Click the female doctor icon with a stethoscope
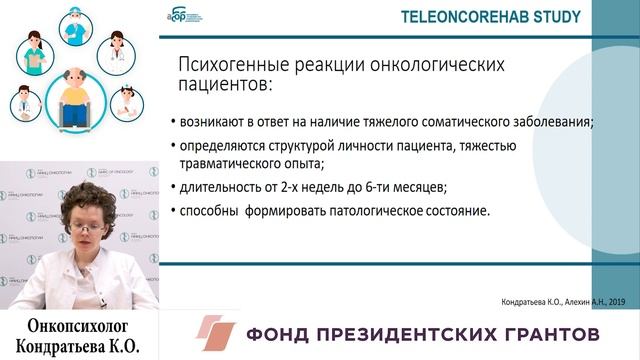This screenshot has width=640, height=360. coord(118,50)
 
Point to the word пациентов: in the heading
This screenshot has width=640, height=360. coord(223,87)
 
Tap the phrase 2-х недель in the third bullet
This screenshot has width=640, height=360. coord(311,187)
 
